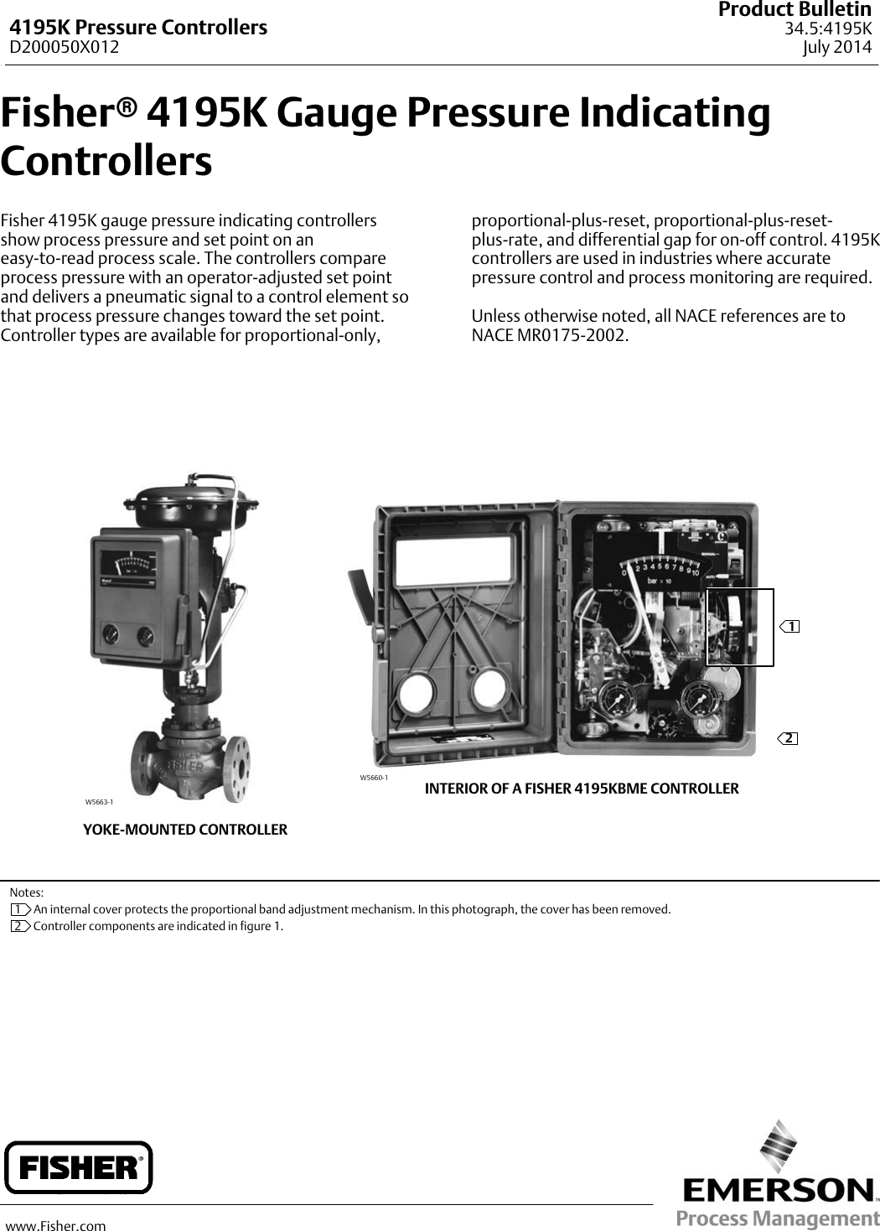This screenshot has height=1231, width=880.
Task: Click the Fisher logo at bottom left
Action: (79, 1166)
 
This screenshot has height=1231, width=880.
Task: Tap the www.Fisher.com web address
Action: (56, 1226)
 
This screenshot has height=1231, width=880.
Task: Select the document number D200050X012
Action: (64, 47)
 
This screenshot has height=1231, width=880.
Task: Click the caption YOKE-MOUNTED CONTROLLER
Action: (184, 830)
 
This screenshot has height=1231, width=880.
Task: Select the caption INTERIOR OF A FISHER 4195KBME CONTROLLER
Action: (582, 789)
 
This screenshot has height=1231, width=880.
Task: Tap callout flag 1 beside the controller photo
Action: (789, 626)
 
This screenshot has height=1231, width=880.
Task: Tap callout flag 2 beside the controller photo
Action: (788, 738)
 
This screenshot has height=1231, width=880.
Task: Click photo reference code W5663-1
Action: (99, 802)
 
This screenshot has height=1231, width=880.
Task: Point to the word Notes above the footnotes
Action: (27, 893)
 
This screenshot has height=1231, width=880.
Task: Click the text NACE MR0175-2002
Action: (548, 336)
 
